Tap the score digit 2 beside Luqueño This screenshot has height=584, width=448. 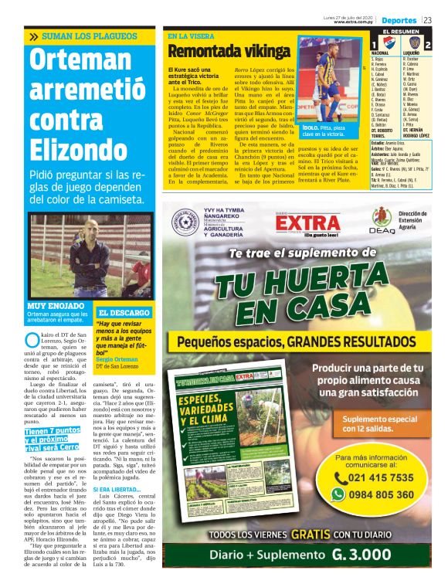coord(427,45)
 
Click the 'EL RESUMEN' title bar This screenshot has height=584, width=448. coord(400,31)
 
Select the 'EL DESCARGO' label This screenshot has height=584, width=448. coord(123,313)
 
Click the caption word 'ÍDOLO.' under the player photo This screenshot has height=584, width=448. coord(311,125)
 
